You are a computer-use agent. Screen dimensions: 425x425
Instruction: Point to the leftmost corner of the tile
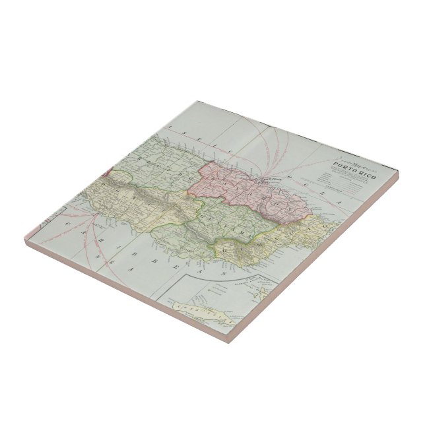(24, 244)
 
